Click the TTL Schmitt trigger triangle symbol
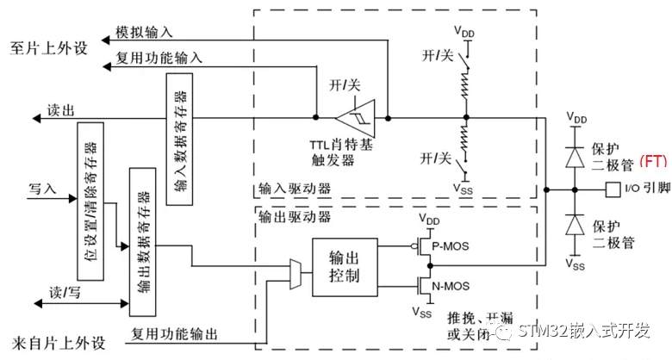click(x=352, y=117)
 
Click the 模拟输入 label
click(x=144, y=32)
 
